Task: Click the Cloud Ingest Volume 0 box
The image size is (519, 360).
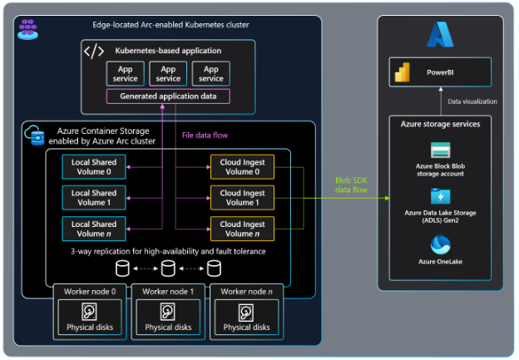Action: [242, 166]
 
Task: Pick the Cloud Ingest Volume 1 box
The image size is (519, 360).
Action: [242, 197]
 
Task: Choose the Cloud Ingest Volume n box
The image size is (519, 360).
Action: [242, 228]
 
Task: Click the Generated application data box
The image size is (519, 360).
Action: [168, 96]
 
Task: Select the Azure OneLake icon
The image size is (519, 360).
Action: [440, 245]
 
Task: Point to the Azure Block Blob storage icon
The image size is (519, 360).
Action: [440, 150]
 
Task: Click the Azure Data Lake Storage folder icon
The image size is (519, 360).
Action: [440, 197]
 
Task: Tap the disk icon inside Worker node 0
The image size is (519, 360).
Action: [89, 312]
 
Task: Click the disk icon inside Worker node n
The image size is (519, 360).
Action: [247, 312]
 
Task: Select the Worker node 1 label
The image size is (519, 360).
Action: [168, 291]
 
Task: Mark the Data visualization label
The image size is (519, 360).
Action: [472, 101]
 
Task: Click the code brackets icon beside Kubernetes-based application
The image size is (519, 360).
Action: [94, 52]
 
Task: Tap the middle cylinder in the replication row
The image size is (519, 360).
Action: [168, 269]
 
